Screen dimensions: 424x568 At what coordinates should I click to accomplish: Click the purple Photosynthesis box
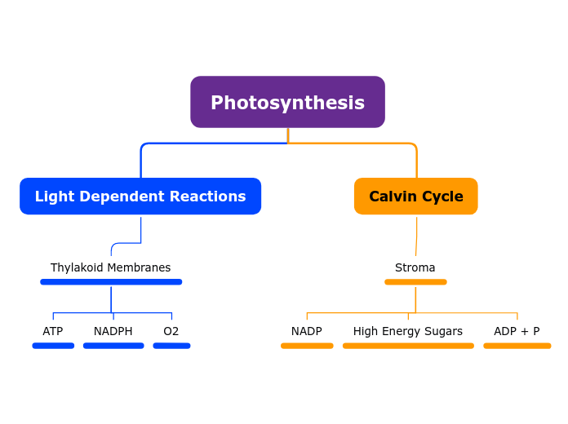[287, 103]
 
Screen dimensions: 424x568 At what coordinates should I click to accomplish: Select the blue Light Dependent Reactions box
[140, 197]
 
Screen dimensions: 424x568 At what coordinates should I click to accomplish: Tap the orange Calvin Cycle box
[415, 197]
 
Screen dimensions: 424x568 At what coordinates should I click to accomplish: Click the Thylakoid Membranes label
[110, 267]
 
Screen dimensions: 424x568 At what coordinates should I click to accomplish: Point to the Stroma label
[415, 267]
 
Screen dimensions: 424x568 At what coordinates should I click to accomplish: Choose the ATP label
[53, 331]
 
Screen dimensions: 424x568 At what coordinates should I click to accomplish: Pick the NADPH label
[113, 331]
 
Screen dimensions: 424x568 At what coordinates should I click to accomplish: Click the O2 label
[171, 331]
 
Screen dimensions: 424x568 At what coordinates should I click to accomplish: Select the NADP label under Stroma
[306, 331]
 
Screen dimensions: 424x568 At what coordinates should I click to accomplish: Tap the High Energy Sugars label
[407, 331]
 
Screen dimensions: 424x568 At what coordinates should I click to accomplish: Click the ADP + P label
[517, 331]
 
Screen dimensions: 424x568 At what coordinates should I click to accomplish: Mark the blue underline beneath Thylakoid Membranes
[111, 282]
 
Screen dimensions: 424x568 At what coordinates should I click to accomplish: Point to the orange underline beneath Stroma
[415, 282]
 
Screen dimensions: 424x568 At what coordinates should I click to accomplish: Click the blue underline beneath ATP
[53, 346]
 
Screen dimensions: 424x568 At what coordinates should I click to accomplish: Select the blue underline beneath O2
[171, 346]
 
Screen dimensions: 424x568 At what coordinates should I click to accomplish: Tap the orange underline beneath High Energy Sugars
[408, 346]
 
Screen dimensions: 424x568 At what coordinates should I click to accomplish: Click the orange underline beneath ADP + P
[517, 346]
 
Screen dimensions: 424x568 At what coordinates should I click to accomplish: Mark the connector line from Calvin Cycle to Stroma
[416, 236]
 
